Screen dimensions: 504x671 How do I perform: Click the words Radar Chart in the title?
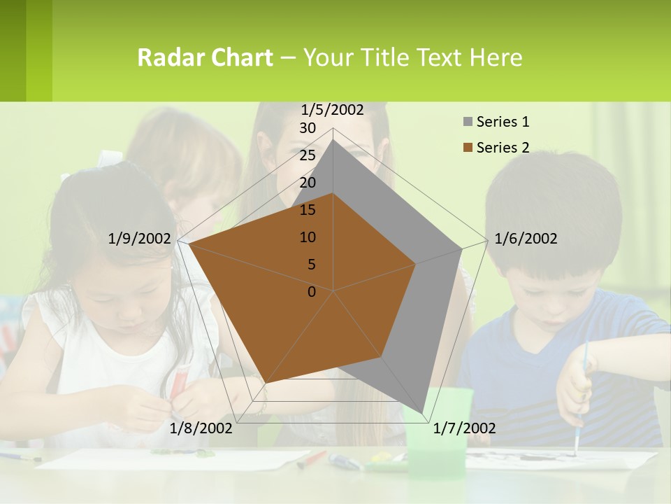[205, 57]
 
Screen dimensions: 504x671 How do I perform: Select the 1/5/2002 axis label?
[333, 109]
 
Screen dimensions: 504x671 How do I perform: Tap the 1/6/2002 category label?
[526, 239]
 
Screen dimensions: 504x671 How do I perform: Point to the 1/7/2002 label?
[464, 428]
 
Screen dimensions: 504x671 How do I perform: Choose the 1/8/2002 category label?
[201, 428]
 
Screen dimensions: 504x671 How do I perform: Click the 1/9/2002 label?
[140, 239]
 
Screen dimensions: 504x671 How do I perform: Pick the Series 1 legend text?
[503, 122]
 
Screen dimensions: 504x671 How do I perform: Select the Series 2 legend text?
[503, 148]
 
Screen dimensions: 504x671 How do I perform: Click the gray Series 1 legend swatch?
[468, 122]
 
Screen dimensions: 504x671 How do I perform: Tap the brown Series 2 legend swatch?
[468, 148]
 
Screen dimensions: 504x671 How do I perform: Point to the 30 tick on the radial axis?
[308, 128]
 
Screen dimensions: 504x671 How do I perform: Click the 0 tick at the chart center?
[312, 291]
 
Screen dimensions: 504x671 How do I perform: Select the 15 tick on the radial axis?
[308, 210]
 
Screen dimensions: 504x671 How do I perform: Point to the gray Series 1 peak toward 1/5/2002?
[333, 140]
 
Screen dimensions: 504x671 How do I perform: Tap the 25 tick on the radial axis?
[308, 155]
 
